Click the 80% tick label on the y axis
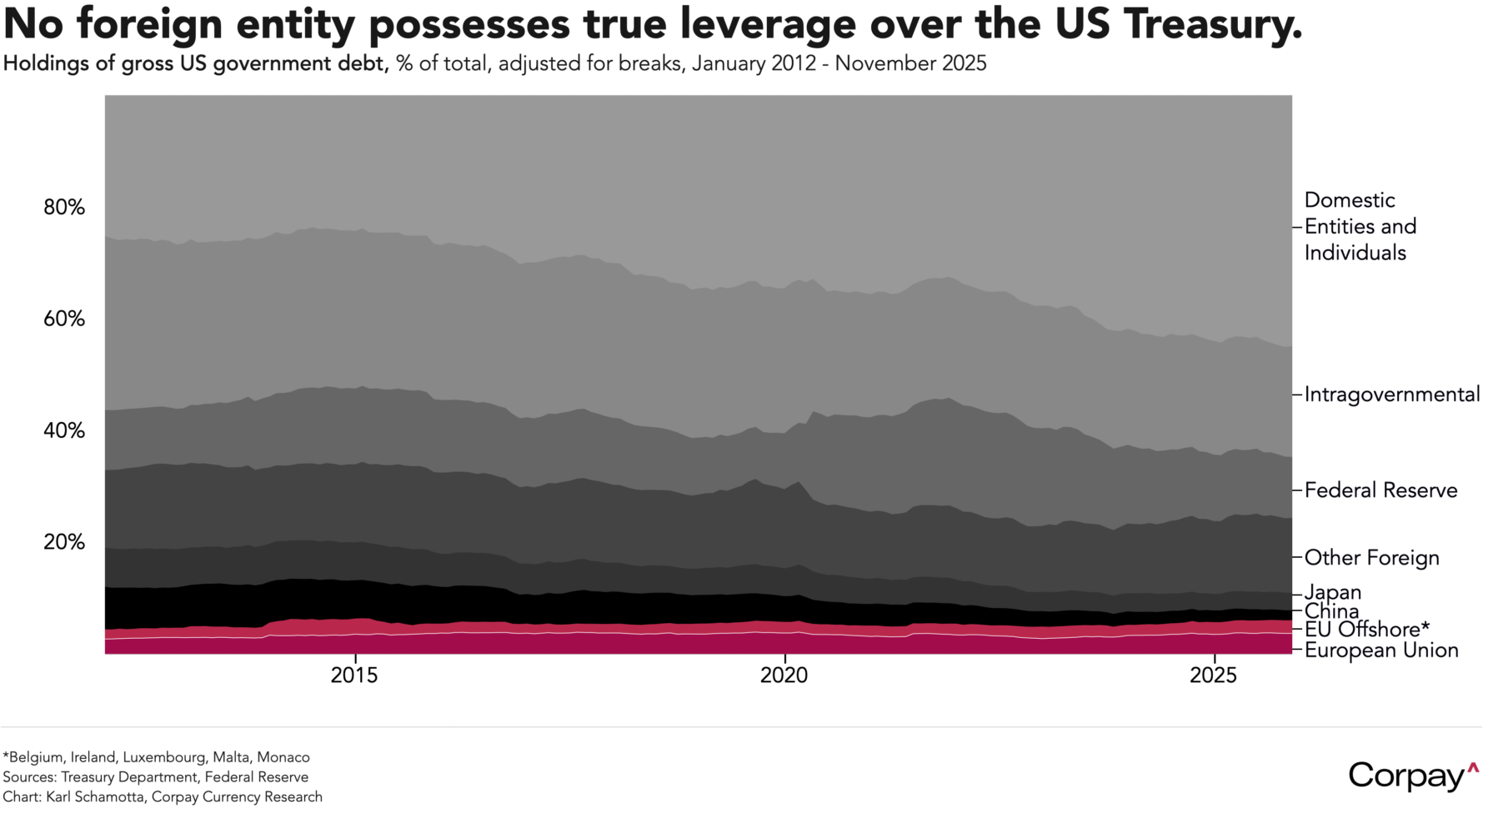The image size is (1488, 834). coord(64,207)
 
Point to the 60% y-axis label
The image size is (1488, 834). coord(64,319)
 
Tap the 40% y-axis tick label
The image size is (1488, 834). coord(64,430)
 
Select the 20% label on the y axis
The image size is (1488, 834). coord(64,542)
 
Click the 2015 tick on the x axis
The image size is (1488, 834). coord(354,676)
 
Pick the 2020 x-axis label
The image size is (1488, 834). coord(784,676)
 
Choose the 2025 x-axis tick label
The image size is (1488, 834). coord(1214,676)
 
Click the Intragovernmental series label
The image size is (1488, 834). coord(1391,394)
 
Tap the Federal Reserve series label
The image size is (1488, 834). coord(1380,490)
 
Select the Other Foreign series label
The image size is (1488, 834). coord(1371,557)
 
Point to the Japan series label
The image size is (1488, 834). coord(1332,592)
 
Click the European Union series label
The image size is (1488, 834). coord(1380,651)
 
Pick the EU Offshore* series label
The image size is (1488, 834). coord(1366,630)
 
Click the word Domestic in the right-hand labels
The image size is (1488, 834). coord(1349,200)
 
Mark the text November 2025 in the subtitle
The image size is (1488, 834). coord(910,63)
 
